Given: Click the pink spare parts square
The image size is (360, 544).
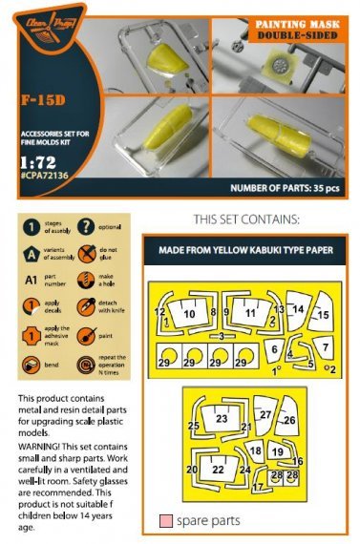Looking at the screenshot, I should tap(167, 521).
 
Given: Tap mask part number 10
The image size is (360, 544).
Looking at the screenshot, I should tap(189, 313).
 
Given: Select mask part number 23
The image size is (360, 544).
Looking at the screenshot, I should tap(222, 418).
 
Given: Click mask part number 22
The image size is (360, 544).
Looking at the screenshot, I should tap(218, 470).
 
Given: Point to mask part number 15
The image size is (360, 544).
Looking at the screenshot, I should tap(324, 315).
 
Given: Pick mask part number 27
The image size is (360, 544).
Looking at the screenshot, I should tap(265, 414).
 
